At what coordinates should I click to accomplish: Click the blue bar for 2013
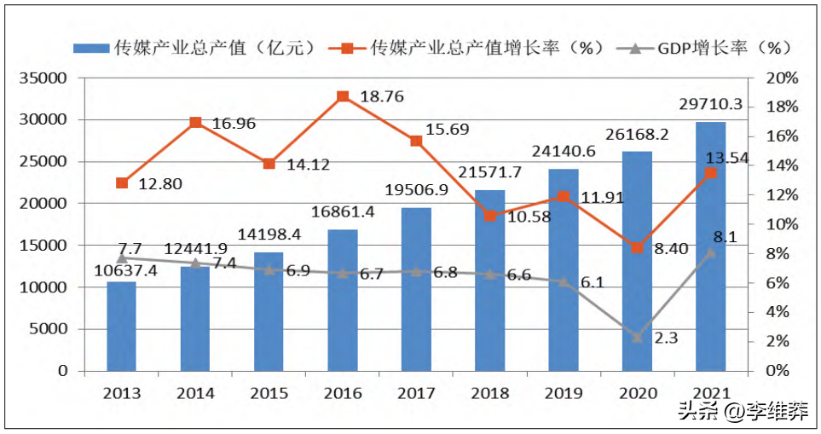121,326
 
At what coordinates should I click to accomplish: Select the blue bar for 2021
710,246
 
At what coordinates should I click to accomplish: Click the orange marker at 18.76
343,96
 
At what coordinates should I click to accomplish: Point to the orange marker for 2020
637,248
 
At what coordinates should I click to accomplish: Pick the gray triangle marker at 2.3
637,338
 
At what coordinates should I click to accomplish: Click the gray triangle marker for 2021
710,252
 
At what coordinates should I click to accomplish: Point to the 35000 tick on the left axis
43,78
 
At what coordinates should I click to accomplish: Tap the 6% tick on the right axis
778,283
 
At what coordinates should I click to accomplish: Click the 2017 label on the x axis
416,393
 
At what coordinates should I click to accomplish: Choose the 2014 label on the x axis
195,393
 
